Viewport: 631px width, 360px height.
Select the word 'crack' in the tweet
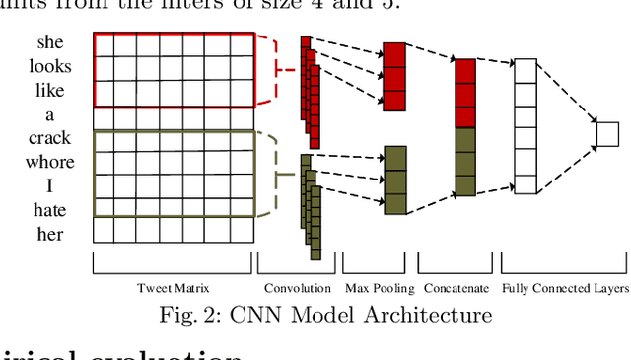click(50, 139)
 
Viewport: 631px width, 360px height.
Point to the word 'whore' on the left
click(50, 162)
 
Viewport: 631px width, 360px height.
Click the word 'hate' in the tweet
click(50, 209)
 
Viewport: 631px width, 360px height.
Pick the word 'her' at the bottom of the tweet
click(50, 233)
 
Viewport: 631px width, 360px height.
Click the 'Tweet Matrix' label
click(173, 288)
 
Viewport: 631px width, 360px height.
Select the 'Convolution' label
click(298, 288)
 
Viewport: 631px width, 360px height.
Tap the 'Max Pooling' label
click(378, 288)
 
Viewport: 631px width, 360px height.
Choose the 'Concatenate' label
click(456, 288)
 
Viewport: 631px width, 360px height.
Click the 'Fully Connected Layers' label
click(565, 288)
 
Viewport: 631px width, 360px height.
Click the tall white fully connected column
click(526, 125)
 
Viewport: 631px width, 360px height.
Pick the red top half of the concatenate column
click(466, 93)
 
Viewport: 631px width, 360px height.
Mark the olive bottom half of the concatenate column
click(466, 162)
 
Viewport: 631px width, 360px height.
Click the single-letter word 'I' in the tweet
click(50, 185)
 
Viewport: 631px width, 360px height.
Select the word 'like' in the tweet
click(50, 93)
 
